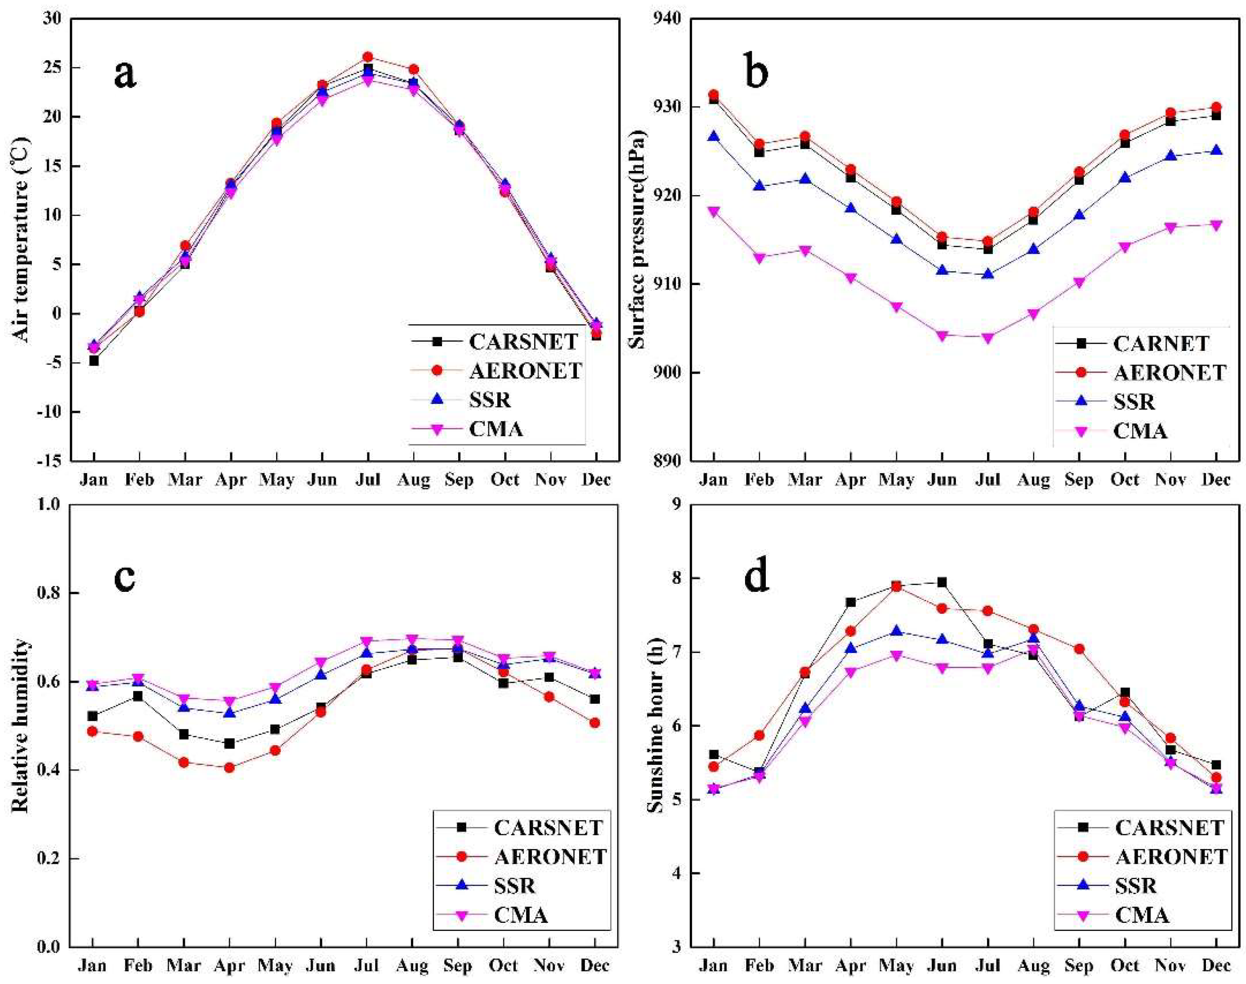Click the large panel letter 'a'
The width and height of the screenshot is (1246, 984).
tap(125, 74)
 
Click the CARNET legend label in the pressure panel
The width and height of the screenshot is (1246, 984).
tap(1161, 343)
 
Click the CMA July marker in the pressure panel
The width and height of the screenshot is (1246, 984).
tap(987, 338)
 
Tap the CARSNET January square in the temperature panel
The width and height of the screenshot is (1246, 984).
tap(94, 361)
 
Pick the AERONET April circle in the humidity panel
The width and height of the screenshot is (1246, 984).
tap(229, 767)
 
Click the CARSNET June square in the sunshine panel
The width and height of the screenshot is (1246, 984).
tap(942, 582)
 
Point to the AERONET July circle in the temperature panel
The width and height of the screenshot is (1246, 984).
tap(367, 57)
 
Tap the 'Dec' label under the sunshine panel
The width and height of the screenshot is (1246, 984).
tap(1216, 966)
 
